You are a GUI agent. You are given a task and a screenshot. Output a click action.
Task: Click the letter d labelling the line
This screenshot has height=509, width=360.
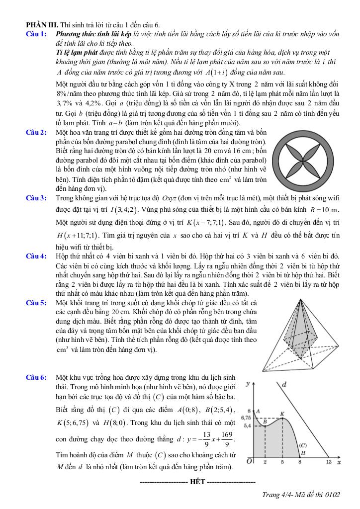coord(283,384)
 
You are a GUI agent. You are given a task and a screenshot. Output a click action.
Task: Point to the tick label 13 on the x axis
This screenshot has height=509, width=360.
coord(328,462)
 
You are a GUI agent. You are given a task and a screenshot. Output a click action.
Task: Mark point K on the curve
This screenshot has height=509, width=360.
coord(282,414)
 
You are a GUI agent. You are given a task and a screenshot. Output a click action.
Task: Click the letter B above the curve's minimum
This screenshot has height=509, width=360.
coord(265,421)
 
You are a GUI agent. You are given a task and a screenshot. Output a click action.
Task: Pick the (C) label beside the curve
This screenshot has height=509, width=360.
coord(302,445)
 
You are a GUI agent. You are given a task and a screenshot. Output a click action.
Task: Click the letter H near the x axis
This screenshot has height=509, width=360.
coord(302,452)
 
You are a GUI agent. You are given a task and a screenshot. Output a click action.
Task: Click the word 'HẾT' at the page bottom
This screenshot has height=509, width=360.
coord(197,482)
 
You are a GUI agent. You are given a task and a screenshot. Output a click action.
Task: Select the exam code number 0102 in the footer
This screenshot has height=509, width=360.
coord(332,494)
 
